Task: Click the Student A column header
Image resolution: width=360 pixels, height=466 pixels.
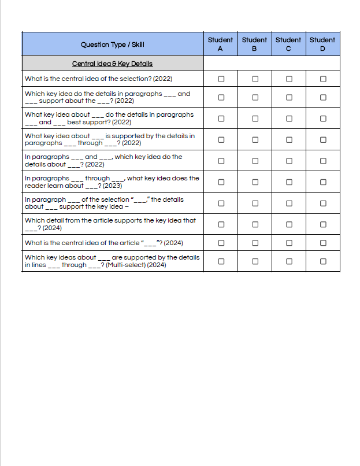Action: point(220,44)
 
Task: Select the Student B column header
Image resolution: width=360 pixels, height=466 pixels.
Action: point(254,44)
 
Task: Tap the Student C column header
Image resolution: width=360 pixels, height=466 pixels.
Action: point(288,44)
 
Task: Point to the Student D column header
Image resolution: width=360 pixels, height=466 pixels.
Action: point(322,44)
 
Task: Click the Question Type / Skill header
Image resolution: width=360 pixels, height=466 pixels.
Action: point(113,45)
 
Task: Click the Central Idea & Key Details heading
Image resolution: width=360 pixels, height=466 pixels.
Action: point(112,64)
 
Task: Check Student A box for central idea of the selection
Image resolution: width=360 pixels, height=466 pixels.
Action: point(221,79)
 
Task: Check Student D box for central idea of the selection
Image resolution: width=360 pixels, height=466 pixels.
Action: point(323,79)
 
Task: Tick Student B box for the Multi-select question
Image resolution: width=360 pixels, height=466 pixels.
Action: point(255,261)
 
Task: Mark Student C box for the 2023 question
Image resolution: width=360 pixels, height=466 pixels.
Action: point(289,182)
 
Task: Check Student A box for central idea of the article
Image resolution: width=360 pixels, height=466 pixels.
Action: point(221,243)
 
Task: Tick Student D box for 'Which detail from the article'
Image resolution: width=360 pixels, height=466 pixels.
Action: point(323,224)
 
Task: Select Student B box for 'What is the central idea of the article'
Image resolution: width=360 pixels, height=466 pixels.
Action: point(255,243)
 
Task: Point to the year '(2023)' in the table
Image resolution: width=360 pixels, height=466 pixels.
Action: point(112,186)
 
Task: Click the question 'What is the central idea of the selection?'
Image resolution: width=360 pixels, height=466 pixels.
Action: point(98,79)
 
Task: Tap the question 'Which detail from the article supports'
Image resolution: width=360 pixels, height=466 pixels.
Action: point(110,220)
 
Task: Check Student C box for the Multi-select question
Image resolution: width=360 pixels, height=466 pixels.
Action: point(289,261)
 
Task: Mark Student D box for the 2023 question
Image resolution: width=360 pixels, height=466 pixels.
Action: point(323,182)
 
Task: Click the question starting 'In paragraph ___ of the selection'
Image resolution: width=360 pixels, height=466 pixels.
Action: point(104,199)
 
